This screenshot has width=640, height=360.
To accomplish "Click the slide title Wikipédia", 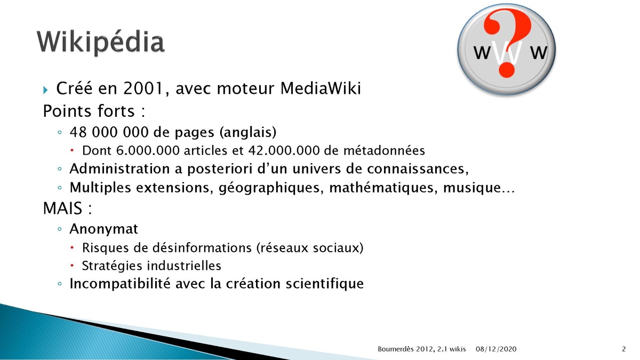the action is (101, 42).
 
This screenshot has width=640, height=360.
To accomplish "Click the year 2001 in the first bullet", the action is (143, 88).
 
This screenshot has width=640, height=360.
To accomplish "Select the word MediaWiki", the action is (321, 88).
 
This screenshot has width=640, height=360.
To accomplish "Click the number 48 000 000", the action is (109, 132).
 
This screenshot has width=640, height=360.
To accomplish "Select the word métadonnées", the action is (384, 150).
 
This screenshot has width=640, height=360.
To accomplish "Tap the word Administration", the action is (120, 169).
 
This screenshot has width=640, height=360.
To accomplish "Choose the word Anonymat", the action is (103, 229).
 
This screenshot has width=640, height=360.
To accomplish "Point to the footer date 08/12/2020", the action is (496, 349).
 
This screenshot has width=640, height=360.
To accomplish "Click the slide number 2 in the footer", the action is (623, 349).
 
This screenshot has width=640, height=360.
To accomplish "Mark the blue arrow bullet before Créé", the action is (45, 90).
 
